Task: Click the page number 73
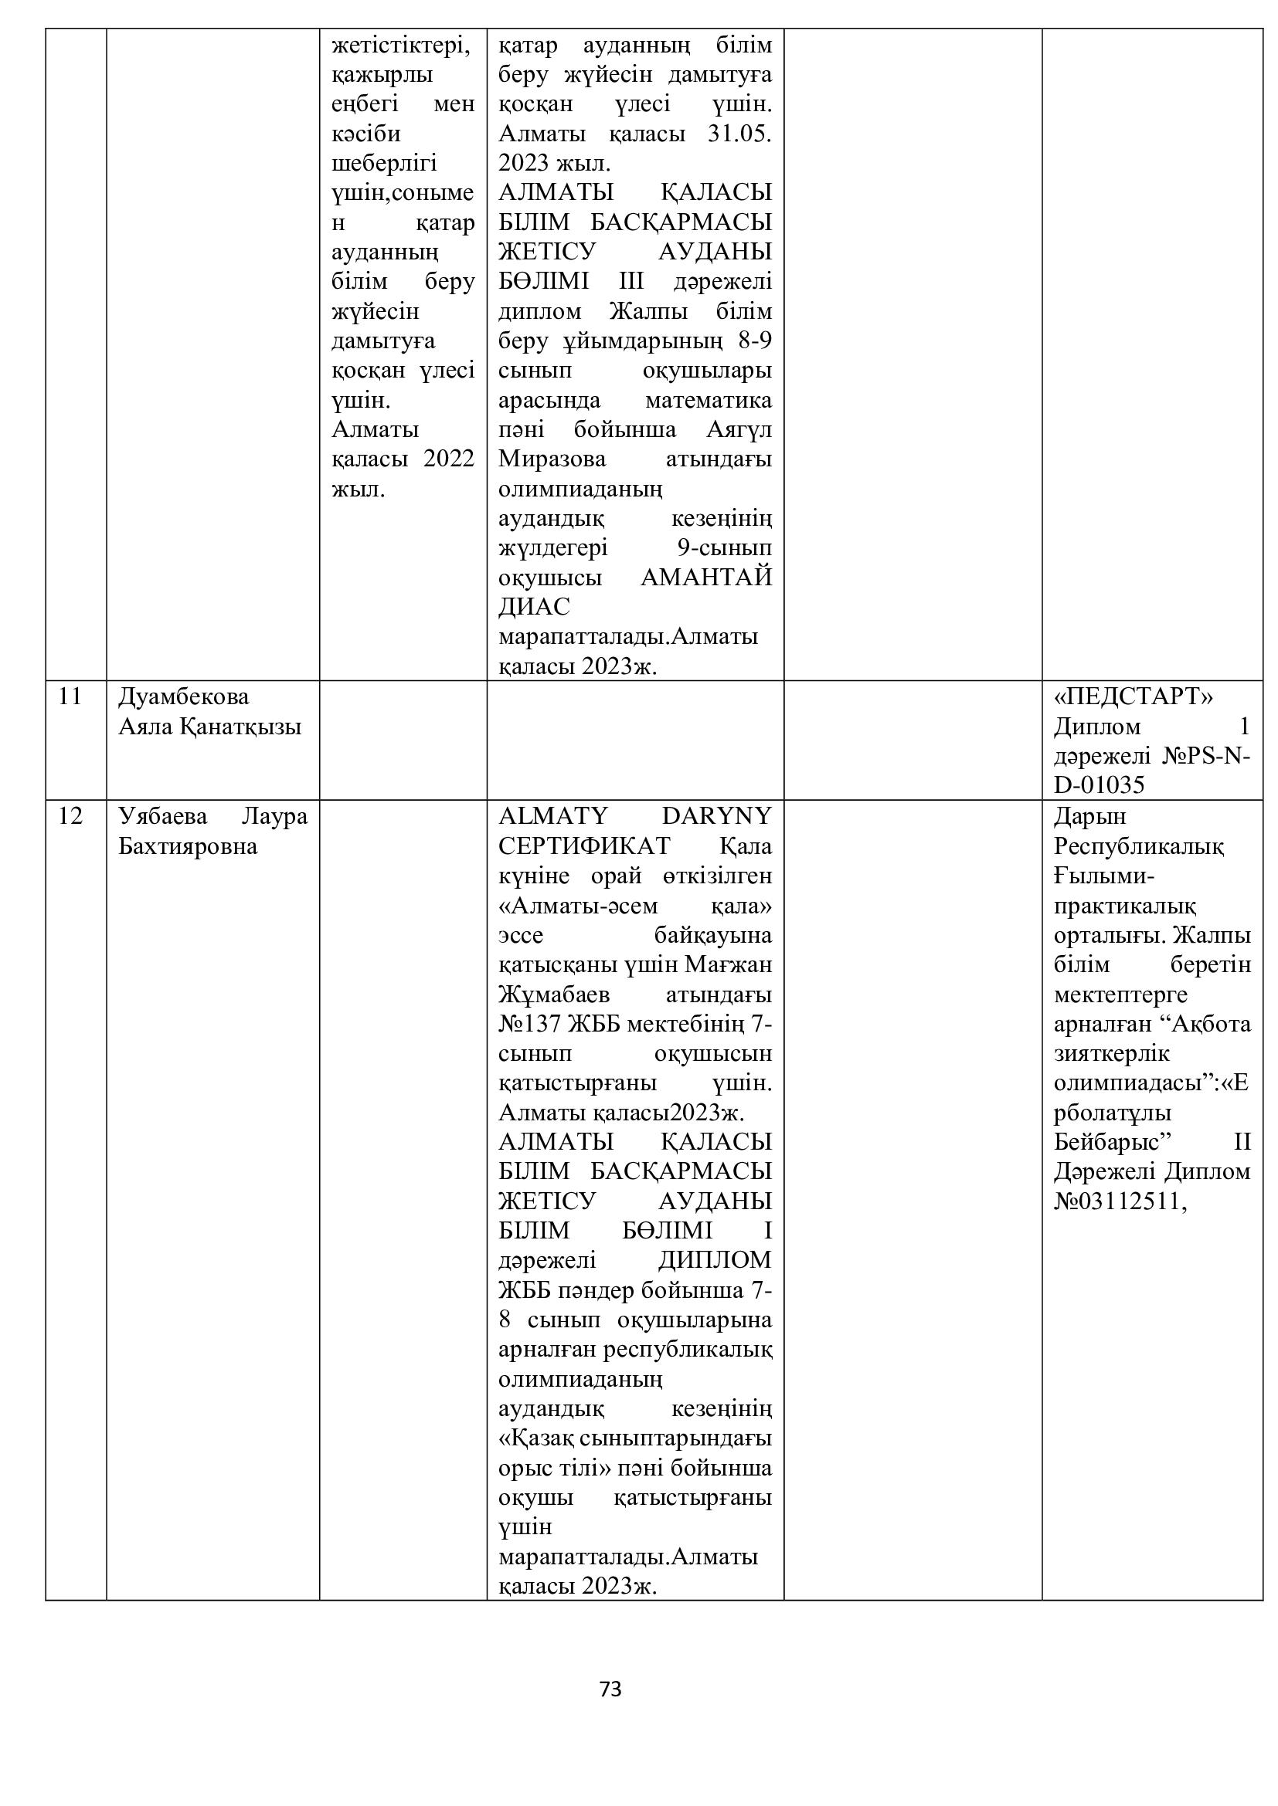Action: [610, 1689]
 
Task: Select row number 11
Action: [70, 696]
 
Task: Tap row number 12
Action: [70, 815]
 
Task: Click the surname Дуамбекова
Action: [183, 696]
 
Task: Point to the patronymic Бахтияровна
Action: [187, 845]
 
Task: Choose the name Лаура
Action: [274, 815]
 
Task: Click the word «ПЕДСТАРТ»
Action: [1134, 696]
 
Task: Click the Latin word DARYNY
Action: [716, 815]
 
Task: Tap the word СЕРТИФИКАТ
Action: [584, 845]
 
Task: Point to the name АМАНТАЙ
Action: [706, 577]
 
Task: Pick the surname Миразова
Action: [552, 459]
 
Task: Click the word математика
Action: [709, 400]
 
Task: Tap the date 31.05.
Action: [739, 134]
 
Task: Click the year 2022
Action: [449, 459]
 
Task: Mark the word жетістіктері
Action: [399, 46]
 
